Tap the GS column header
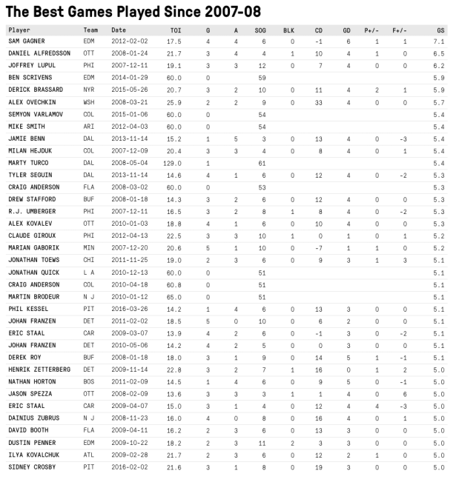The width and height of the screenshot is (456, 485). tap(440, 30)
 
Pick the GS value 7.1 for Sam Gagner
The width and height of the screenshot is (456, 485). tap(440, 41)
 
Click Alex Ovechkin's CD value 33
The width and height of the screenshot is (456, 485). tap(317, 101)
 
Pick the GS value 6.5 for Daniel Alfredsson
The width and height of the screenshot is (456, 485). tap(440, 53)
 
